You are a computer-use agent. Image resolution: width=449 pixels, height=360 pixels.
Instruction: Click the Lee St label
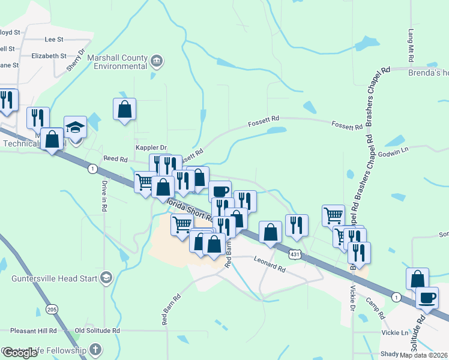point(54,39)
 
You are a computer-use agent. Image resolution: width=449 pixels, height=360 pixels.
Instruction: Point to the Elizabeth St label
point(49,55)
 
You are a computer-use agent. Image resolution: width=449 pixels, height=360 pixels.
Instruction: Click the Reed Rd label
point(116,160)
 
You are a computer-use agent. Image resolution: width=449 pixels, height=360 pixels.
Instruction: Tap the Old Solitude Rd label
point(97,331)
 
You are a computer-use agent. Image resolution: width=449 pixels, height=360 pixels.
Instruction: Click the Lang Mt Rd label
point(411,46)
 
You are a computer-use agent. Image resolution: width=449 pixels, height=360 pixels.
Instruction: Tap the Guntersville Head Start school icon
point(106,277)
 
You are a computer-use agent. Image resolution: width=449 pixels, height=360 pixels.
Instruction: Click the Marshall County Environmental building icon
point(157,60)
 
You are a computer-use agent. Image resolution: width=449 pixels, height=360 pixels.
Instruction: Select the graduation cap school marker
point(75,128)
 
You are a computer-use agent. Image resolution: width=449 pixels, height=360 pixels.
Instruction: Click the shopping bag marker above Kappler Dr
point(124,109)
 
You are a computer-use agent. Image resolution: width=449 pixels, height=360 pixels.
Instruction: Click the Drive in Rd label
point(104,196)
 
